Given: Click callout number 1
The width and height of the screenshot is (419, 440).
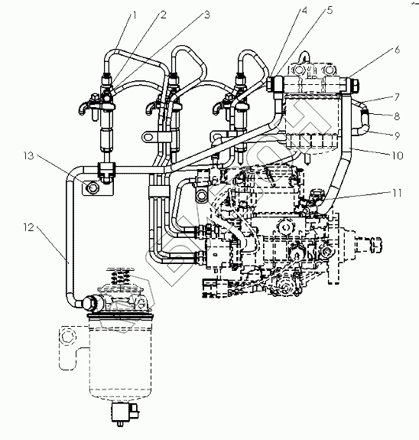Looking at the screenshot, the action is point(135,16).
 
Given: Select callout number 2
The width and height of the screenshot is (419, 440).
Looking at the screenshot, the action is point(163,15).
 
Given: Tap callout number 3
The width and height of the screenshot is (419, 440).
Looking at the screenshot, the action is point(207,15).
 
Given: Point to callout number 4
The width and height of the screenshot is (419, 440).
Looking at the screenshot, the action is point(304,11).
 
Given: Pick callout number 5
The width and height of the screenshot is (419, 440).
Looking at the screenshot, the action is point(330,11).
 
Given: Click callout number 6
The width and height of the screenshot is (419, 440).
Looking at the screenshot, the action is point(397,50).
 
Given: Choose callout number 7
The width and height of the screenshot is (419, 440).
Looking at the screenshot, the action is point(397,97).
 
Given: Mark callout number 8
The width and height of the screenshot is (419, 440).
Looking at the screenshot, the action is point(397,116).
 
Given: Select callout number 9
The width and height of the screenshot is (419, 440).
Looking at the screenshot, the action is point(397,136).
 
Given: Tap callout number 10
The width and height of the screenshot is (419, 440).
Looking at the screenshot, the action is point(397,155).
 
